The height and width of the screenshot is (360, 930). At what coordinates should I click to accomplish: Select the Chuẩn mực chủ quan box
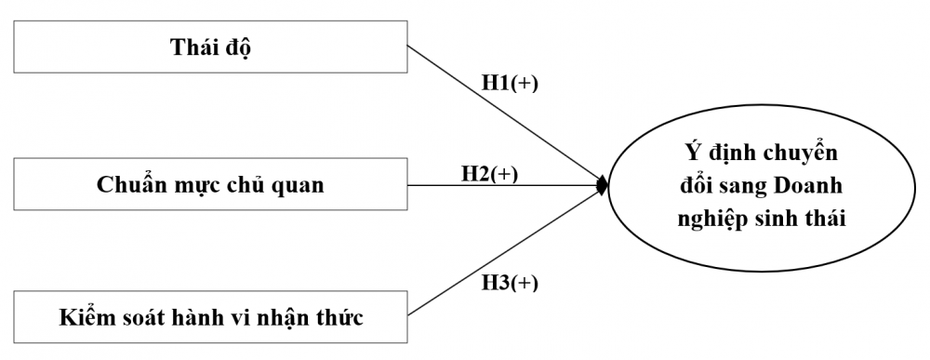tap(211, 184)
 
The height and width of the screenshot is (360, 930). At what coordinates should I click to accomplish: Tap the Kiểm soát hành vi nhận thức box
tap(211, 317)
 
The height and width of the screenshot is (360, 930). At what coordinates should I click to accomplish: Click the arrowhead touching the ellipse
tap(603, 185)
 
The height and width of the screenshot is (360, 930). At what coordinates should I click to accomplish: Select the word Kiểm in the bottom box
tap(86, 317)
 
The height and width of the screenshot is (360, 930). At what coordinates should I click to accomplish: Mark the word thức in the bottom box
tap(339, 317)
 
